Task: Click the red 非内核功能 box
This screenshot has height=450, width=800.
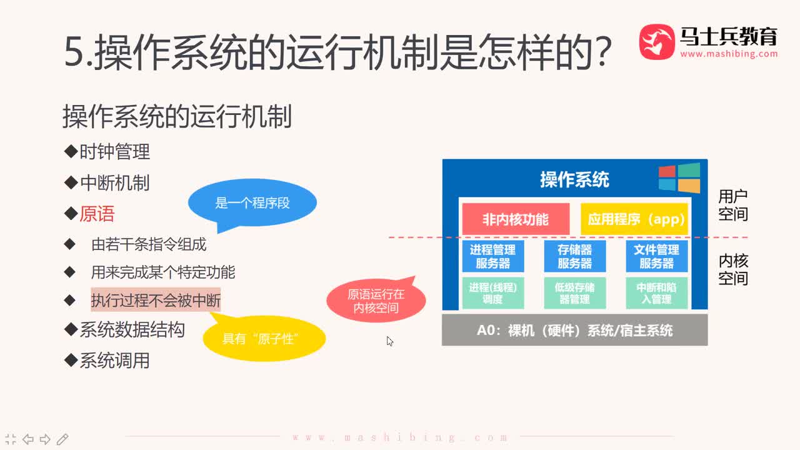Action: [516, 219]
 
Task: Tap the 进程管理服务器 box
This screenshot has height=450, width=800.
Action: [492, 256]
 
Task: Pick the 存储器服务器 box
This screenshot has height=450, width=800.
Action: [574, 256]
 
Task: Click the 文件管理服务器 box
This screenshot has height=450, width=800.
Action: [656, 256]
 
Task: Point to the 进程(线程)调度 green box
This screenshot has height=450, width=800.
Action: [492, 293]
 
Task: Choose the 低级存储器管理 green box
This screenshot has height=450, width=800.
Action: [574, 293]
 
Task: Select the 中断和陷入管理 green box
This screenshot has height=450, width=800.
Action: [656, 293]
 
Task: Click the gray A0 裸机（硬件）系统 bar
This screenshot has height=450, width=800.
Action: [574, 330]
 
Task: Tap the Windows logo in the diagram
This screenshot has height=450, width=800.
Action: [679, 179]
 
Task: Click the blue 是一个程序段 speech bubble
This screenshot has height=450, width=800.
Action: [252, 204]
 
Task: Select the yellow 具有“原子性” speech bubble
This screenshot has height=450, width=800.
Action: [264, 339]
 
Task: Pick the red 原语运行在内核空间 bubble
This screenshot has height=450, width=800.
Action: [376, 301]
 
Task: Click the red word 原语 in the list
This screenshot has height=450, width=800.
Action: [97, 214]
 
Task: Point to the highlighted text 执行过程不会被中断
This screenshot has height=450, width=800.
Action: [156, 301]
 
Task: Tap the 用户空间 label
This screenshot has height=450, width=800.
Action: [732, 206]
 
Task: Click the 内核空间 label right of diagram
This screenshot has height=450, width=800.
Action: [732, 269]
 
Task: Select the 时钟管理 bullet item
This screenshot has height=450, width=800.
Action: [114, 152]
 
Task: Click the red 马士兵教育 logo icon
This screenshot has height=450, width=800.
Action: [656, 42]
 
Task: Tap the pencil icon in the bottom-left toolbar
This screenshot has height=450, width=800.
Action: [62, 439]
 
